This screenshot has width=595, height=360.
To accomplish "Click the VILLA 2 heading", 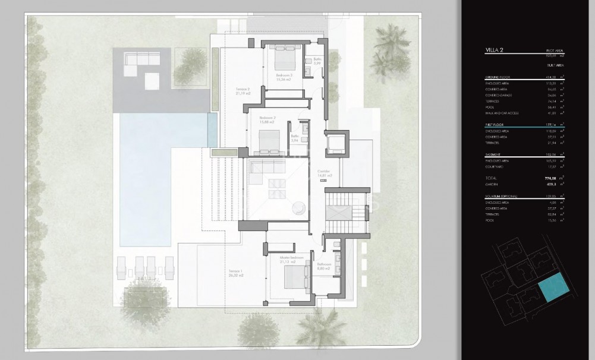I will click(494, 52).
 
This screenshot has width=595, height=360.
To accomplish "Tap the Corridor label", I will click(323, 172).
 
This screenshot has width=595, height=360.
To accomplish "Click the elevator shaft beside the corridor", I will click(336, 143).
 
